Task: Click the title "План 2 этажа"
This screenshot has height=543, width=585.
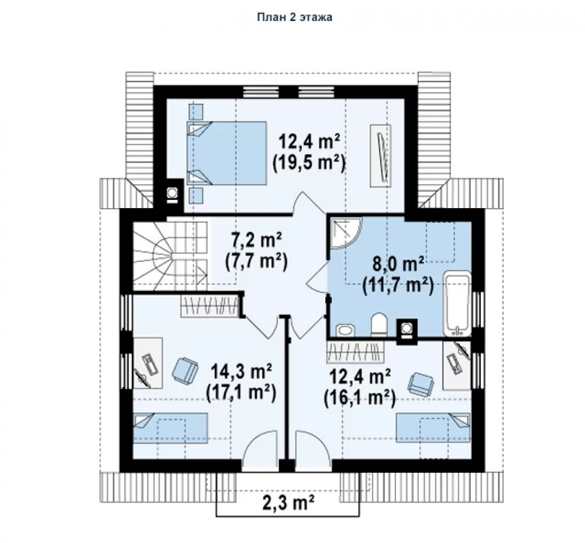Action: (x=295, y=17)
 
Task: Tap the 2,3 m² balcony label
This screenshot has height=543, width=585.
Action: (x=288, y=503)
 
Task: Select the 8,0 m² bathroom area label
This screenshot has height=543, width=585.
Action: (x=398, y=264)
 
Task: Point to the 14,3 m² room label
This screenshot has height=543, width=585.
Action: (x=241, y=371)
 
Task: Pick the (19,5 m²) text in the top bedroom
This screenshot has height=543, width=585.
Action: (x=308, y=163)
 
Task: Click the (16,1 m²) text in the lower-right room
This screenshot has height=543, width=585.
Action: (x=360, y=399)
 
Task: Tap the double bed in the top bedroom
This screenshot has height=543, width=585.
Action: (x=226, y=153)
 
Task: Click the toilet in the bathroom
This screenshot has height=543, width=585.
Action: (x=379, y=324)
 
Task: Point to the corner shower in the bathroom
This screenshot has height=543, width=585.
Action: (x=346, y=233)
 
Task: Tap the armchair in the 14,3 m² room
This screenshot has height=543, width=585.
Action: (x=185, y=370)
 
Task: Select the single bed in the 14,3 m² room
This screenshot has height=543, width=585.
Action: (x=170, y=428)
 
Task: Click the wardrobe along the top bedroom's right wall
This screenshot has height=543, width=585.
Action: (x=381, y=156)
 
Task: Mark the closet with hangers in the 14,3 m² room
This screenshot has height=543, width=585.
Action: (x=209, y=306)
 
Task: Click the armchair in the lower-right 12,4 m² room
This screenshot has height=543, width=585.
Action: (x=421, y=385)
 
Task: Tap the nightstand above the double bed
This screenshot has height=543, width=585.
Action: (x=196, y=110)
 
